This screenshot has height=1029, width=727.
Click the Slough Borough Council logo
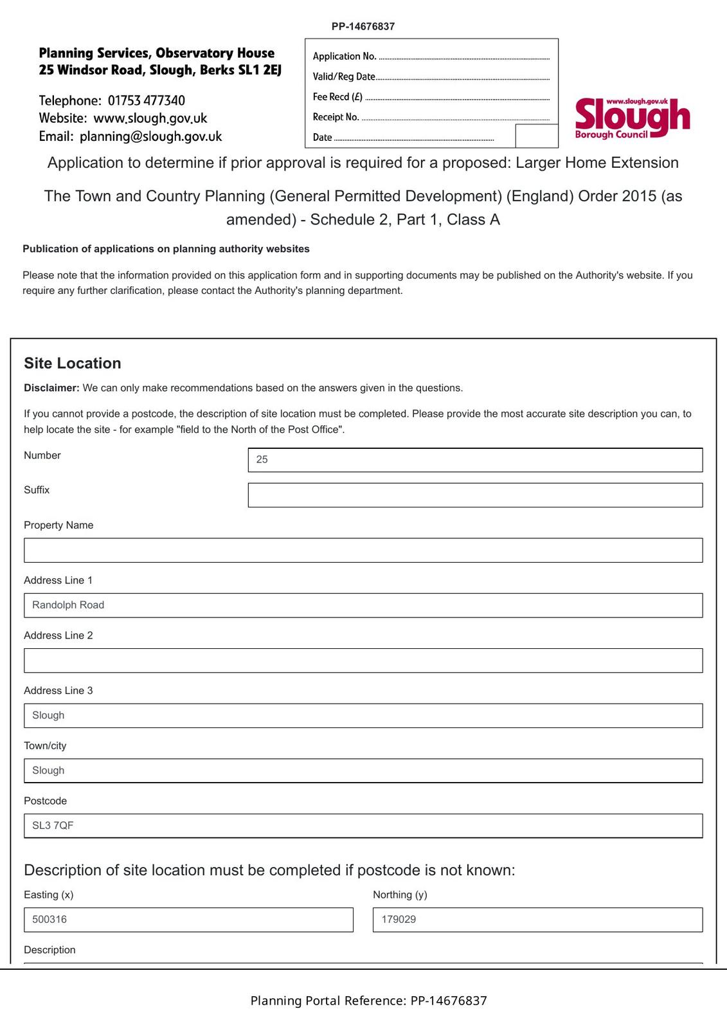point(632,118)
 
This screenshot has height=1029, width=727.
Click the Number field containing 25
point(475,460)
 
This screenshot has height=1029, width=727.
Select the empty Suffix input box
point(475,495)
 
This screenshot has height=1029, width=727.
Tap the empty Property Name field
point(363,551)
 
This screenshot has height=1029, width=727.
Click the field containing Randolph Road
point(363,605)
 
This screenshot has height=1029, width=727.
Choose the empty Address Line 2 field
point(363,660)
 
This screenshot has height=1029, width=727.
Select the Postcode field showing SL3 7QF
point(363,826)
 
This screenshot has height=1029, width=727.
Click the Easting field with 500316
point(188,920)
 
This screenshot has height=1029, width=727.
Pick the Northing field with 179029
point(537,920)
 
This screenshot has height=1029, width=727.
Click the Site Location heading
point(73,363)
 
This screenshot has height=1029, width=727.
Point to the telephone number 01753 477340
point(147,101)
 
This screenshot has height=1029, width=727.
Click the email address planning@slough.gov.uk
point(151,136)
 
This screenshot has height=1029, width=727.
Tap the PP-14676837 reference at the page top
point(363,26)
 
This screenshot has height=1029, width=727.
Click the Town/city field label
point(45,746)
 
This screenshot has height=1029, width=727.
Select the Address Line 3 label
point(58,691)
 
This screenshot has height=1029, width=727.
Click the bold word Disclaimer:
point(51,388)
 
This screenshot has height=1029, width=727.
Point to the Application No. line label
point(345,57)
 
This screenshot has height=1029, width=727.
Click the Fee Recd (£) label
point(337,97)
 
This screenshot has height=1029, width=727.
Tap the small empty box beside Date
point(537,136)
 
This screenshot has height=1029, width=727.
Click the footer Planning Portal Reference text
point(368,1001)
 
